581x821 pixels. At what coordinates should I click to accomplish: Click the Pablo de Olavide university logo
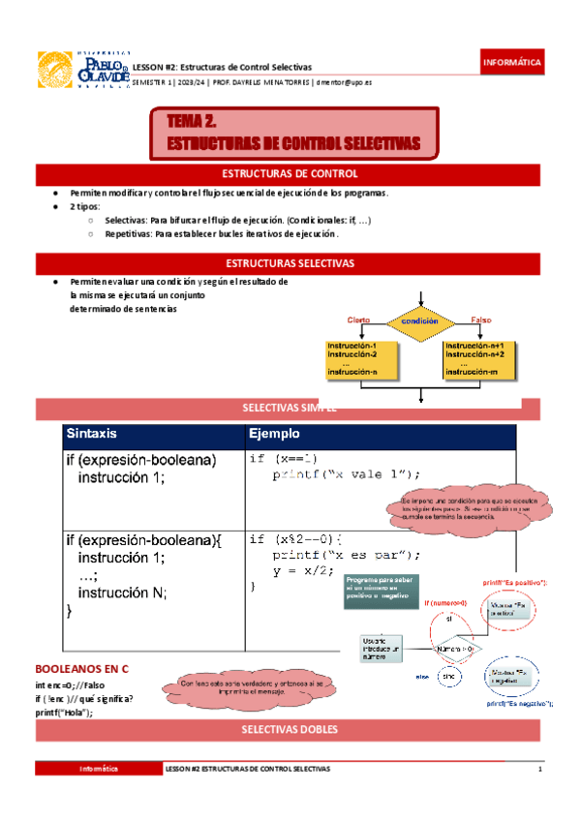pyautogui.click(x=82, y=70)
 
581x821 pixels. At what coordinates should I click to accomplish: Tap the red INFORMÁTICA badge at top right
pyautogui.click(x=513, y=63)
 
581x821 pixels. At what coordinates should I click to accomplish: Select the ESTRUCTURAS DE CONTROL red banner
pyautogui.click(x=290, y=174)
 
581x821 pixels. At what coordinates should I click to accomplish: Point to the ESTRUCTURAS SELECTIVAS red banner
pyautogui.click(x=290, y=263)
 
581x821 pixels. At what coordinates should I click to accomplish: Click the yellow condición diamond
pyautogui.click(x=420, y=320)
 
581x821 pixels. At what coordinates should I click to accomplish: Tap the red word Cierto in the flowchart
pyautogui.click(x=358, y=319)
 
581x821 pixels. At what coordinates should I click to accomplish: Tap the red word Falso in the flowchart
pyautogui.click(x=481, y=319)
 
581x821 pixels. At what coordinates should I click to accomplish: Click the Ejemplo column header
pyautogui.click(x=274, y=433)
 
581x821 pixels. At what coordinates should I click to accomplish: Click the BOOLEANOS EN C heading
pyautogui.click(x=81, y=669)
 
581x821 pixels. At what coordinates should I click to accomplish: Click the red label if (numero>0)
pyautogui.click(x=445, y=603)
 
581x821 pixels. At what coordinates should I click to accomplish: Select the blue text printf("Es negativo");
pyautogui.click(x=519, y=704)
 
